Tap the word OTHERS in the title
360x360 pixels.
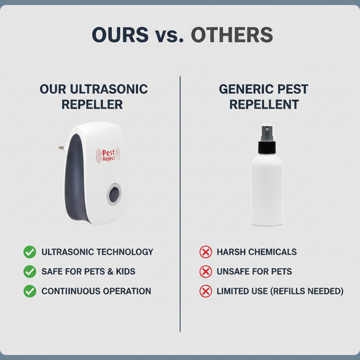click(231, 35)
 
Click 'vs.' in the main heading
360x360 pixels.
click(170, 35)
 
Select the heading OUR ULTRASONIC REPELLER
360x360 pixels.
click(93, 97)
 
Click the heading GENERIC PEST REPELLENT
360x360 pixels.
click(265, 97)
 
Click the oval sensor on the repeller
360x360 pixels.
click(114, 195)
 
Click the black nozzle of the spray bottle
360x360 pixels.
click(267, 133)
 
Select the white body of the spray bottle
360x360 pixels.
click(266, 187)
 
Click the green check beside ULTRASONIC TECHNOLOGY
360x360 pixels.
click(29, 252)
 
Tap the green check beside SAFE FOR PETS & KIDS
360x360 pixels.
click(29, 271)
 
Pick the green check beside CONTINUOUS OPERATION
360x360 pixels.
click(29, 291)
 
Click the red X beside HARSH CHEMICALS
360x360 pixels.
click(205, 252)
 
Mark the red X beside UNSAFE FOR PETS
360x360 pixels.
click(205, 271)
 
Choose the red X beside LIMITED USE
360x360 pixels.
click(205, 291)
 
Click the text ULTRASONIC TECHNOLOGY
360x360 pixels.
click(97, 252)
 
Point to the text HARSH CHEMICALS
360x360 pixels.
click(257, 252)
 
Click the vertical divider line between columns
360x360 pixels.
click(180, 200)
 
